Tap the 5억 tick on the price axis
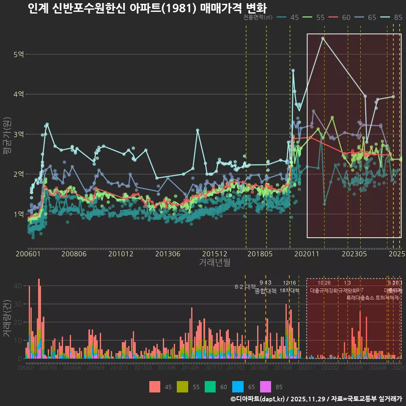[19, 55]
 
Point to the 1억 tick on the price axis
[19, 214]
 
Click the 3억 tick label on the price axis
[19, 134]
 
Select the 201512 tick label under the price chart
[214, 254]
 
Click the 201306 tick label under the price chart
[168, 254]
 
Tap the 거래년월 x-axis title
[214, 263]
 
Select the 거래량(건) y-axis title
[7, 318]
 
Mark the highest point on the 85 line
[323, 38]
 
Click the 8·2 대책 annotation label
[245, 287]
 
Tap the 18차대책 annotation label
[289, 291]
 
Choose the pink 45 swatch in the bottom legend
[155, 387]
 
